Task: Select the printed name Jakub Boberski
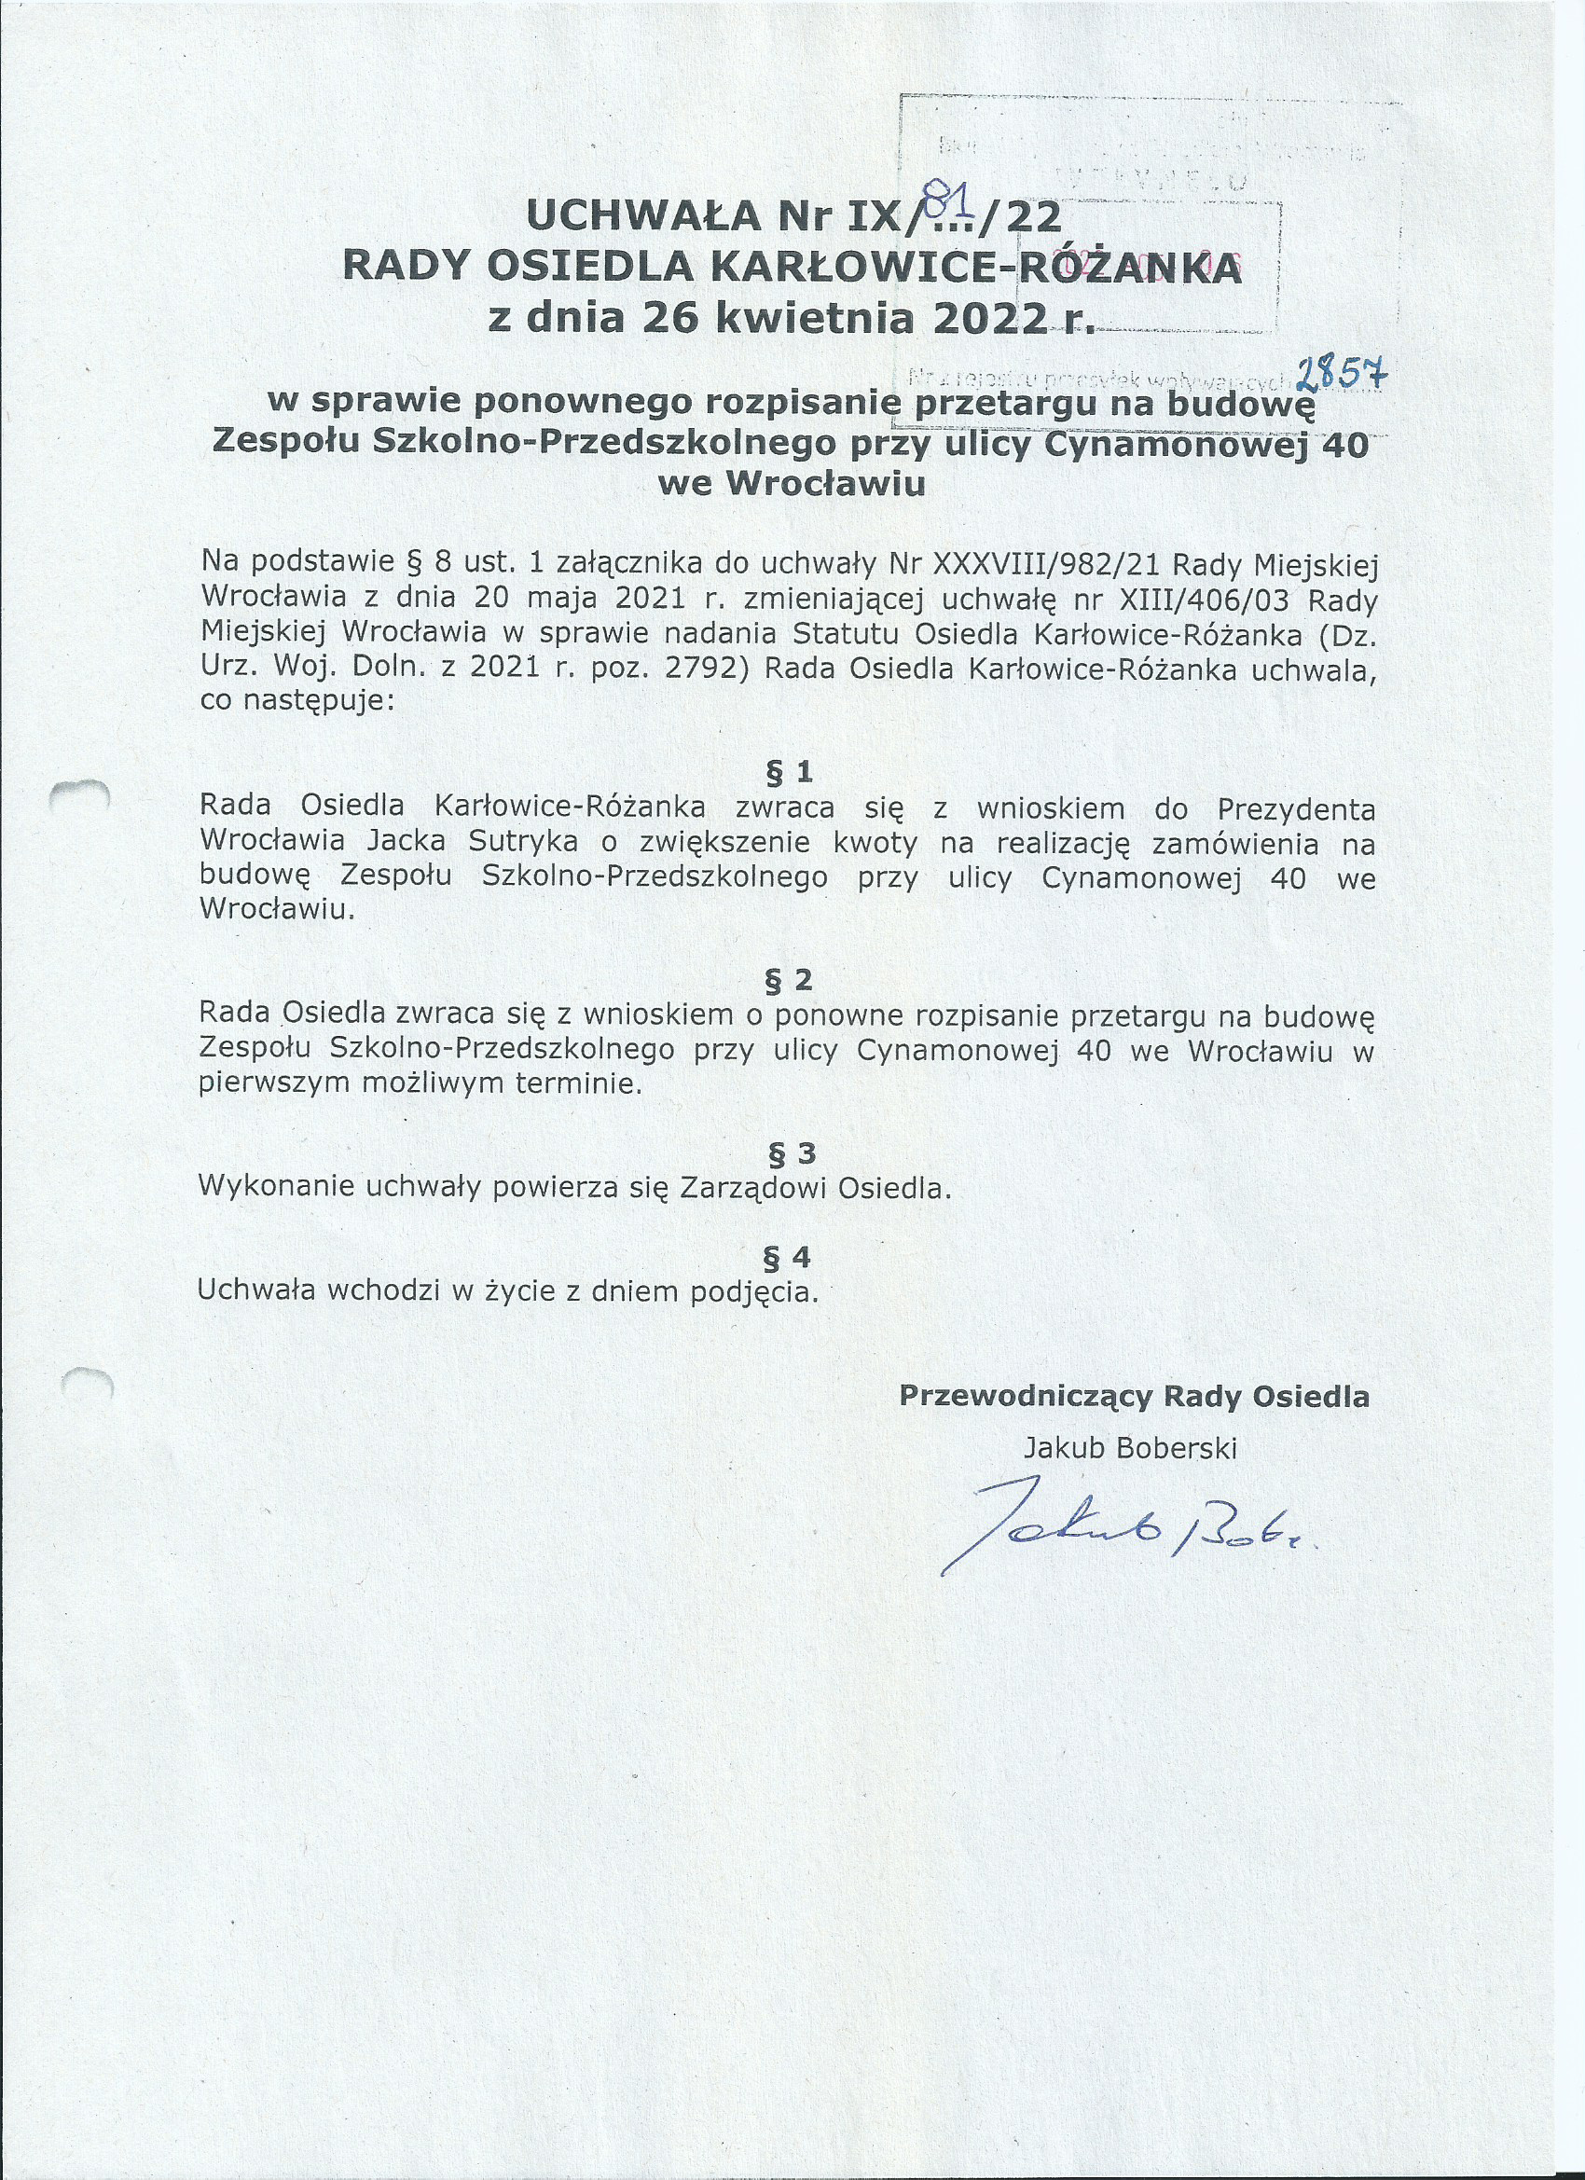[x=1129, y=1447]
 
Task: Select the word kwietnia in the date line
[x=816, y=317]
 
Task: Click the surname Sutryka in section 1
[x=524, y=841]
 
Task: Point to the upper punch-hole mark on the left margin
[x=82, y=793]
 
